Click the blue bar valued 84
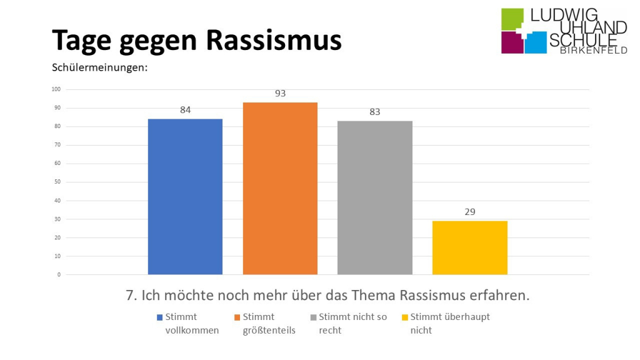point(185,196)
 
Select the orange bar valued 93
point(280,188)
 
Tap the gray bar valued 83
point(374,197)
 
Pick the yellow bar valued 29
point(469,247)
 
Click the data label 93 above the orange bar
point(280,93)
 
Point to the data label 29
point(469,212)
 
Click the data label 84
point(185,110)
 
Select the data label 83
point(374,112)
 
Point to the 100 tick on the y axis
point(56,89)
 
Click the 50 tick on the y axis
point(57,182)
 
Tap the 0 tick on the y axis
point(59,274)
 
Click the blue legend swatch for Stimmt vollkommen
point(159,317)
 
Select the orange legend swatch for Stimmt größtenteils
point(237,317)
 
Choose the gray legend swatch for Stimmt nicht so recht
point(313,317)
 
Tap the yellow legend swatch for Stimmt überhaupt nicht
point(404,317)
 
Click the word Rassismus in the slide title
point(273,40)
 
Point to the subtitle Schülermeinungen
point(99,67)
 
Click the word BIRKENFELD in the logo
point(593,50)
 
